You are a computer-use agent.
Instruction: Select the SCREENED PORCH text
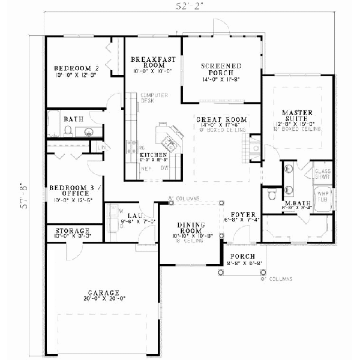pyautogui.click(x=221, y=68)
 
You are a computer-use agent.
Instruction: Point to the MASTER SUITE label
pyautogui.click(x=298, y=115)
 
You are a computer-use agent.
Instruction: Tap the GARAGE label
pyautogui.click(x=105, y=293)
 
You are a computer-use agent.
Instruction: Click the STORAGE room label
pyautogui.click(x=73, y=231)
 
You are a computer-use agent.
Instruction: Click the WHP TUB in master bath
pyautogui.click(x=322, y=197)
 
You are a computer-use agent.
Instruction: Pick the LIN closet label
pyautogui.click(x=102, y=147)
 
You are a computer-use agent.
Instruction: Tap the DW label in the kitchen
pyautogui.click(x=163, y=169)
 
